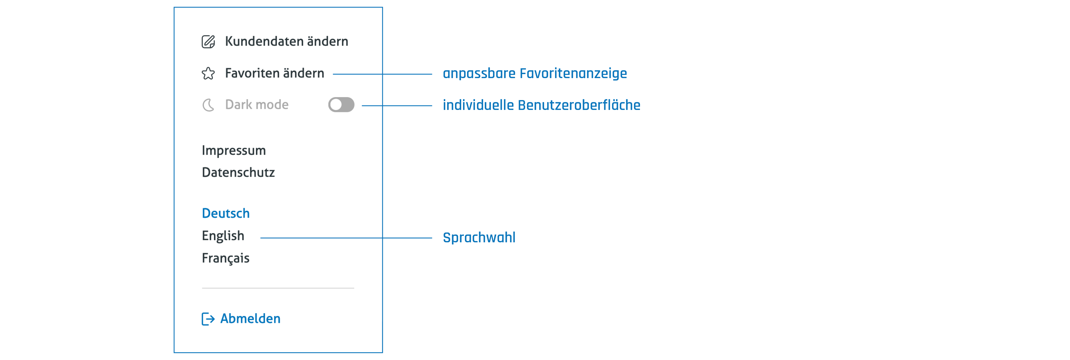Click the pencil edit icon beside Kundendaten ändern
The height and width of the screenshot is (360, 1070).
point(208,41)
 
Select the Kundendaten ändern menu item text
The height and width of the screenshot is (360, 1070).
point(286,41)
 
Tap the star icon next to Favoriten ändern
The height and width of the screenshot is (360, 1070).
point(208,74)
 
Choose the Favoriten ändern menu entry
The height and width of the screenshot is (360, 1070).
point(274,73)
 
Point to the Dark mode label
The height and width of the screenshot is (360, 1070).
point(257,105)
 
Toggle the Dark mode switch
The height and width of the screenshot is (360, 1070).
point(341,105)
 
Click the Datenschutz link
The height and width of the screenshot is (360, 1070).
point(238,172)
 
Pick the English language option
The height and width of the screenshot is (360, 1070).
point(223,236)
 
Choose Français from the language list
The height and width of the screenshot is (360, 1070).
point(226,258)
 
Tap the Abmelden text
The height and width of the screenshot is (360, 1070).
point(250,319)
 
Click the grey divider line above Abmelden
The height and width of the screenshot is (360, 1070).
point(278,288)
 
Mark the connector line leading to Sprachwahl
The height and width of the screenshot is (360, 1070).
point(346,238)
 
